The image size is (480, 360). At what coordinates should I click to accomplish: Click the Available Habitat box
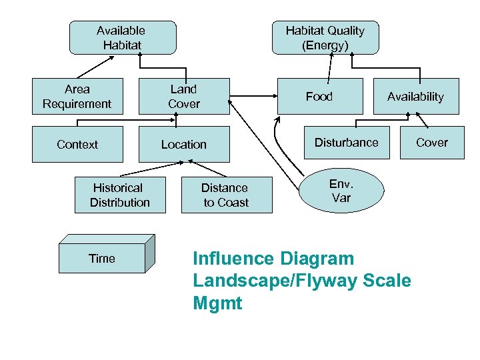pos(123,37)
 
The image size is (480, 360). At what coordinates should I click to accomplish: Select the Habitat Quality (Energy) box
pos(325,37)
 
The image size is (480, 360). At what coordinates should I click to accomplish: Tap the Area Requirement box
pos(77,96)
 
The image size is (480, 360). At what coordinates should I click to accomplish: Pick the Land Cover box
pos(183,96)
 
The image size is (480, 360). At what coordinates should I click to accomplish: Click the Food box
pos(319,97)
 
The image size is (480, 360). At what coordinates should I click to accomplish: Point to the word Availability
pos(415,97)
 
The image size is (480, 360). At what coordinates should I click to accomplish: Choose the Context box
pos(77,144)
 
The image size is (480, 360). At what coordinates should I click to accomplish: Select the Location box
pos(183,144)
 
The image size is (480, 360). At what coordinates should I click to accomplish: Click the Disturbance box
pos(346,143)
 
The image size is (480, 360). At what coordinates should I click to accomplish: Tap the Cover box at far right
pos(432,143)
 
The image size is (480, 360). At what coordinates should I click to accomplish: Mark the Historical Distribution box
pos(120,195)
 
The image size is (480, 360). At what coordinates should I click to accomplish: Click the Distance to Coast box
pos(226,195)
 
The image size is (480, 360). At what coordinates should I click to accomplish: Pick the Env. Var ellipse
pos(341,191)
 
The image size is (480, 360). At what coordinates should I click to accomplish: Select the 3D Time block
pos(102,258)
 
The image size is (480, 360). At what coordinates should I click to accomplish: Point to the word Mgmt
pos(217,304)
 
